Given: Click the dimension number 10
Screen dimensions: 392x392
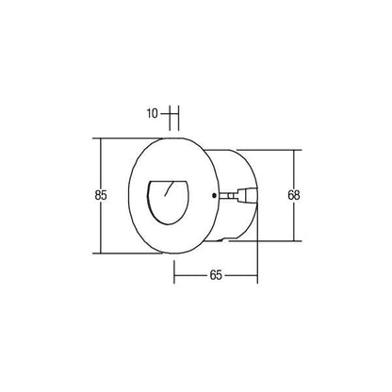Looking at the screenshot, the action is point(153,113).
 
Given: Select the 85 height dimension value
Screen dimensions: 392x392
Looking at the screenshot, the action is point(101,195).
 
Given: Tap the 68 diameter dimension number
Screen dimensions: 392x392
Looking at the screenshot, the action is point(294,195).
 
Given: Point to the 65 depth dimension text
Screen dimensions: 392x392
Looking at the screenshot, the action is point(216,275).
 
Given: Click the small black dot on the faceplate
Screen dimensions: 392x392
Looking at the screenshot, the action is point(214,195).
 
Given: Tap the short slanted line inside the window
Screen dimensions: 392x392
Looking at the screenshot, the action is point(169,188).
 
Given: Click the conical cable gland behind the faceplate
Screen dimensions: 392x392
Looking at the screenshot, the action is point(248,195).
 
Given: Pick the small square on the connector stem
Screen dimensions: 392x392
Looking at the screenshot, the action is point(231,196).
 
